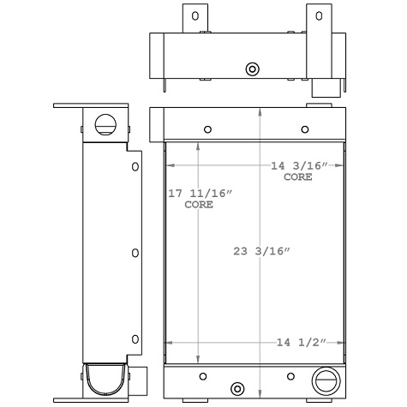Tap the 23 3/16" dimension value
pyautogui.click(x=261, y=251)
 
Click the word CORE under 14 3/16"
pyautogui.click(x=298, y=177)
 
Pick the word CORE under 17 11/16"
pyautogui.click(x=198, y=206)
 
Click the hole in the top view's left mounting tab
pyautogui.click(x=195, y=15)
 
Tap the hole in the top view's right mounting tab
pyautogui.click(x=319, y=15)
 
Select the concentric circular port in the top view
pyautogui.click(x=252, y=69)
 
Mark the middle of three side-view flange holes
pyautogui.click(x=135, y=253)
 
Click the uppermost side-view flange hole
pyautogui.click(x=135, y=165)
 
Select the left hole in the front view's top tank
pyautogui.click(x=206, y=129)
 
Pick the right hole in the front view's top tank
pyautogui.click(x=306, y=129)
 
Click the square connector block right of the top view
pyautogui.click(x=324, y=89)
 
